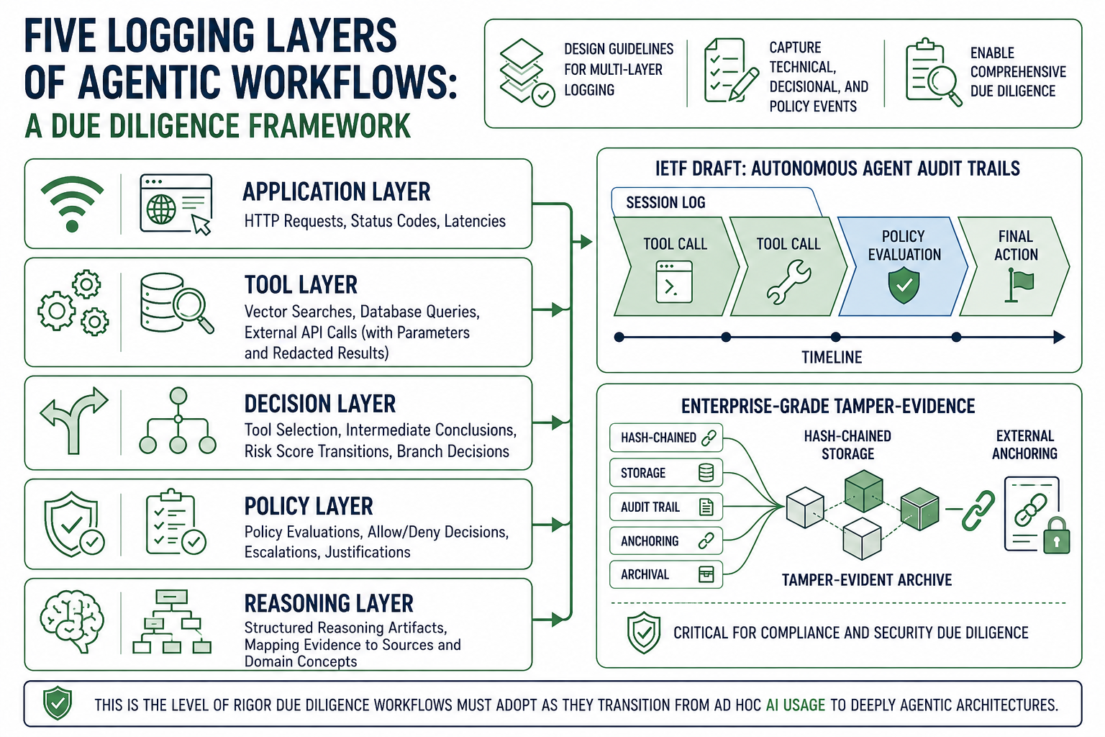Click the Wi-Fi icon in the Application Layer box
coord(72,204)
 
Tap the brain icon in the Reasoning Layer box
coord(72,622)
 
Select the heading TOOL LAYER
coord(301,285)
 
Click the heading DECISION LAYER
coord(319,404)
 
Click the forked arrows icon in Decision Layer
coord(74,420)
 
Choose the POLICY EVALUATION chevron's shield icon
coord(904,285)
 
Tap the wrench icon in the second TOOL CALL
coord(788,282)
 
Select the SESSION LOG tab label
coord(665,202)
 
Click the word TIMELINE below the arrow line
coord(832,357)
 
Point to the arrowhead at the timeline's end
coord(1059,337)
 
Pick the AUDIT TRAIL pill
coord(666,507)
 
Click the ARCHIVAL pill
coord(666,574)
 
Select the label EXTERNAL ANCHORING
coord(1024,444)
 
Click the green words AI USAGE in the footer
coord(795,705)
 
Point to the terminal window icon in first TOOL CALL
coord(674,282)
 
